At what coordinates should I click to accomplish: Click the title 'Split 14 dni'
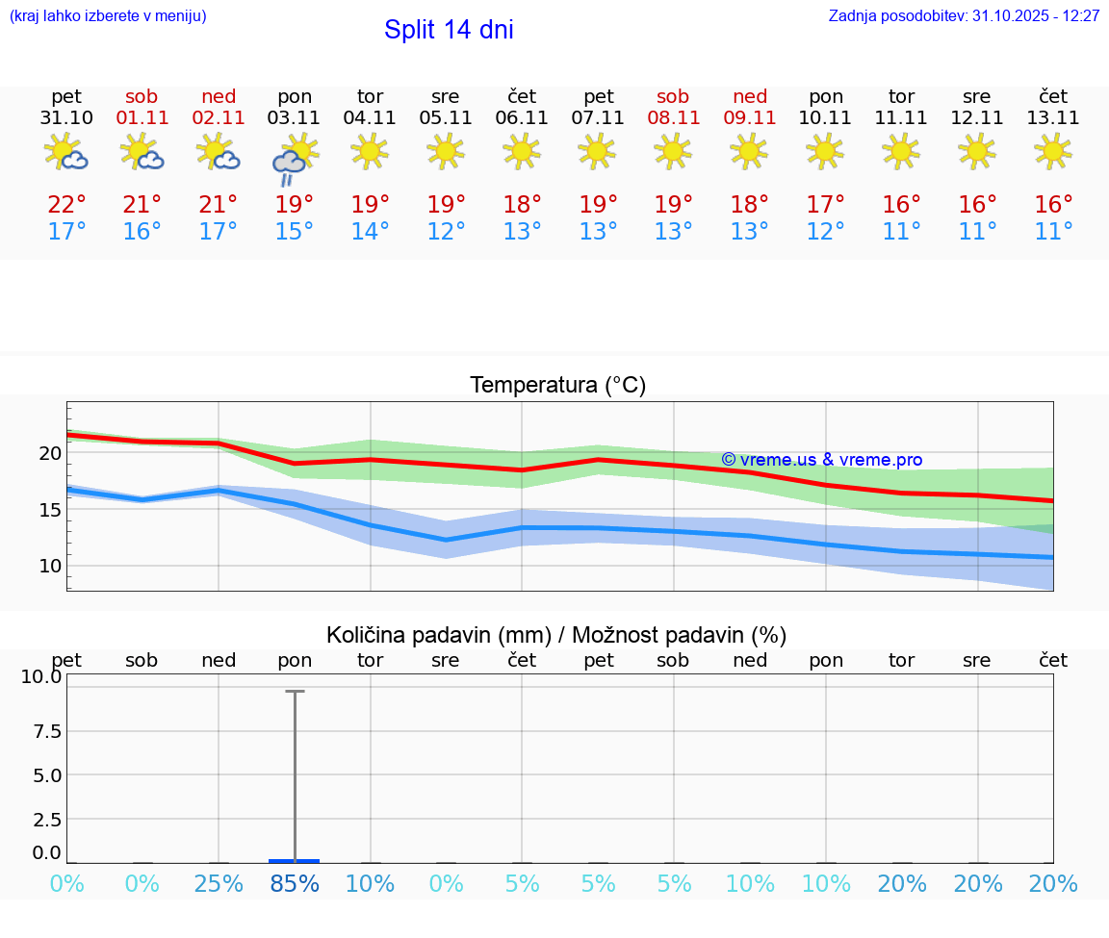449,30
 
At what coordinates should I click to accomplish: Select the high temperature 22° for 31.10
66,205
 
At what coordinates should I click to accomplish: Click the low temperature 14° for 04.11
370,232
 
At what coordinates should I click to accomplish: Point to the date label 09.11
749,118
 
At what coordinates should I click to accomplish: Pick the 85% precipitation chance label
295,884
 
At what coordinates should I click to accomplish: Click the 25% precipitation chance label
219,884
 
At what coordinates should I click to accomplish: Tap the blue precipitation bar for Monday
295,860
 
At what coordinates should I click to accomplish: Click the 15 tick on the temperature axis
50,510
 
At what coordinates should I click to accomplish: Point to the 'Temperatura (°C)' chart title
557,386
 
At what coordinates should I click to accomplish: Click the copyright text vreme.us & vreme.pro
821,460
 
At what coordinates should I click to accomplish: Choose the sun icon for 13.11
1053,151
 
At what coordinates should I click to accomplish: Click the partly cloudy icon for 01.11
142,152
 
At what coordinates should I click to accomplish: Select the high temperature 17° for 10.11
825,205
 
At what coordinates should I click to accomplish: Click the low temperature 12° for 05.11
446,232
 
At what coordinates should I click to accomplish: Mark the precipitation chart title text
556,635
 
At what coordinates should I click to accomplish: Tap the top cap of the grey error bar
295,691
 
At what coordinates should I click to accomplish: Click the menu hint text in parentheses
108,16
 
